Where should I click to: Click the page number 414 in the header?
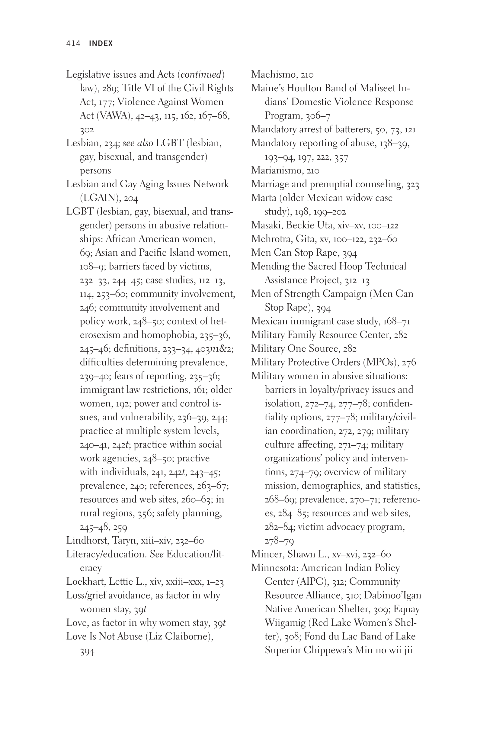pos(73,44)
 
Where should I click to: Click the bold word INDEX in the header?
pos(101,44)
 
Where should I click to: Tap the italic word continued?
pos(201,75)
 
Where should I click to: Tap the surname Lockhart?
pos(86,582)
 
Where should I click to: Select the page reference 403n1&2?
pos(214,349)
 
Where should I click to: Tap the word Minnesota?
pos(275,568)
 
